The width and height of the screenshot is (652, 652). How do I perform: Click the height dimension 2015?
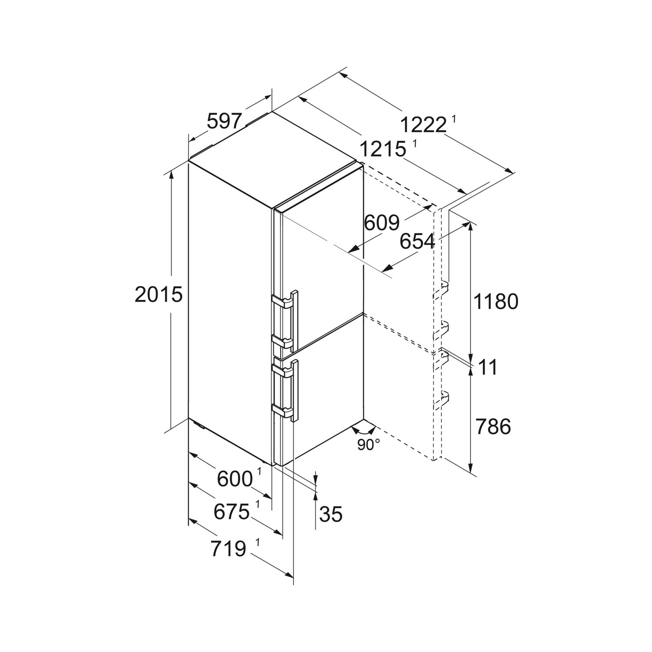click(x=158, y=295)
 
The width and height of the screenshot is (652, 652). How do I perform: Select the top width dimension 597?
click(x=224, y=121)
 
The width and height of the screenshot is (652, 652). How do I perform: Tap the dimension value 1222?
click(x=423, y=126)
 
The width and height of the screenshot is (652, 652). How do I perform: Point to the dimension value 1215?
click(x=383, y=150)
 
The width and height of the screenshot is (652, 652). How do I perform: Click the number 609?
click(x=382, y=223)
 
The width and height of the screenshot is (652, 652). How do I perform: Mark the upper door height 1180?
click(x=496, y=301)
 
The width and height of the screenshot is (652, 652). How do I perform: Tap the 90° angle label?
click(x=369, y=445)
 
